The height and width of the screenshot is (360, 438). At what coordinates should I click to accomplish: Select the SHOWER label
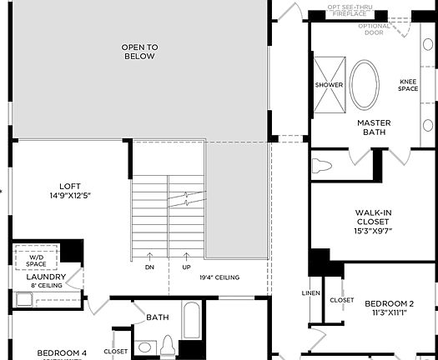(329, 85)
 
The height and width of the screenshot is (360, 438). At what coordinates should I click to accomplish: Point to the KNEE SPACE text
(408, 85)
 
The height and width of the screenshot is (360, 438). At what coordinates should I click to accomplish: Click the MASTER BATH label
(374, 128)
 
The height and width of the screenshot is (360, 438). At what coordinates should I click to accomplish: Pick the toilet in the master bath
(322, 164)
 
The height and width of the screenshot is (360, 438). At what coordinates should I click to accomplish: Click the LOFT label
(70, 186)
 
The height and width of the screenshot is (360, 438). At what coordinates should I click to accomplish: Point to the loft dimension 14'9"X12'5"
(70, 196)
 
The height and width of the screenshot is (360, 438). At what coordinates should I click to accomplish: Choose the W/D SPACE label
(37, 260)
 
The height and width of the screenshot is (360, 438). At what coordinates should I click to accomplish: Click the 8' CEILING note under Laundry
(48, 286)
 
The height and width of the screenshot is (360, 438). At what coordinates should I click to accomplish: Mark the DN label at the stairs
(149, 267)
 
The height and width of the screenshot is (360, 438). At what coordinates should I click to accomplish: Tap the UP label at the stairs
(185, 267)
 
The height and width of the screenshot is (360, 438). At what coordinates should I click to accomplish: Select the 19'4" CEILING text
(219, 277)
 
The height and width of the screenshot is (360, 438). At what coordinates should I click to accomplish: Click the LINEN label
(310, 294)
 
